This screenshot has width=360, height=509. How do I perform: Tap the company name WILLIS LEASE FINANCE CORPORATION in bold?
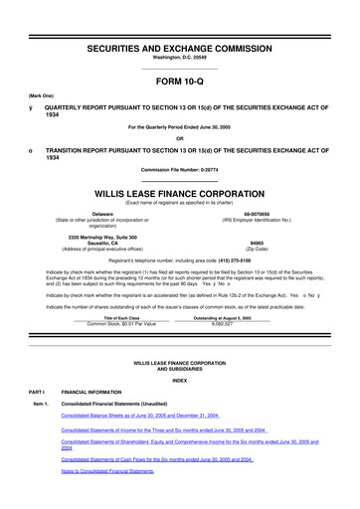[179, 185]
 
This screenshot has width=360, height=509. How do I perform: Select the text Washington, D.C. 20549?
[179, 32]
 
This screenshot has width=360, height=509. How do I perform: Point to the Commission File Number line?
[179, 167]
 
